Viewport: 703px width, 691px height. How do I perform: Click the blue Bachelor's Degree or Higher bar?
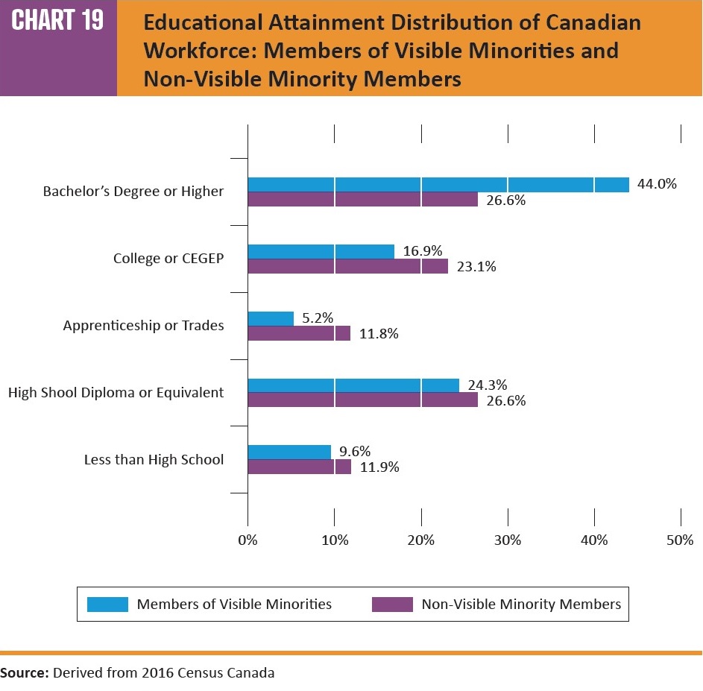coord(438,185)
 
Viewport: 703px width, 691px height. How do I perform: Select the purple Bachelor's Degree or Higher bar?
coord(362,200)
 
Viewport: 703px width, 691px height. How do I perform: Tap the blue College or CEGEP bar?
coord(321,252)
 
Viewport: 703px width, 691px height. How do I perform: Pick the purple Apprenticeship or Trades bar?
coord(298,334)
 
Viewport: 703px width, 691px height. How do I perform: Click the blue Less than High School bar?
coord(289,452)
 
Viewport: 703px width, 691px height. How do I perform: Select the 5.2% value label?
coord(317,318)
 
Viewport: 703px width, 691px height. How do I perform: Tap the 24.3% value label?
coord(488,385)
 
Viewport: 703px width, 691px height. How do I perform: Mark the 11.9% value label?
coord(379,467)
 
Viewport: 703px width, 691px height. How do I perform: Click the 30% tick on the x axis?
coord(508,540)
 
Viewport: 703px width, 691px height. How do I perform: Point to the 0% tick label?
coord(248,540)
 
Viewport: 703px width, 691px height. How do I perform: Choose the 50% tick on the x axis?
coord(680,540)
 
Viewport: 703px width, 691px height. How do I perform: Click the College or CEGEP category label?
coord(168,259)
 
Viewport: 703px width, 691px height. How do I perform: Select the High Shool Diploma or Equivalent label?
coord(116,392)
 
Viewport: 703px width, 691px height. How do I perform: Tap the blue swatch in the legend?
coord(107,604)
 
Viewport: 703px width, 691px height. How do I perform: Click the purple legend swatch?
coord(392,604)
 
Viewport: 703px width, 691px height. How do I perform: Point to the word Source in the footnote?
coord(24,672)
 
